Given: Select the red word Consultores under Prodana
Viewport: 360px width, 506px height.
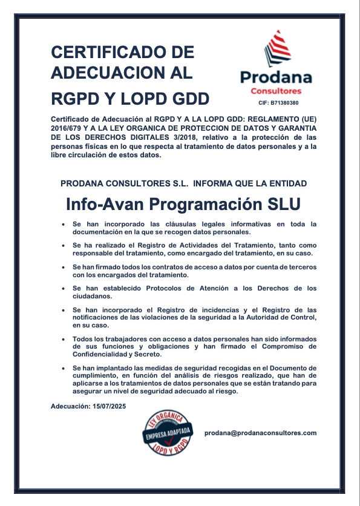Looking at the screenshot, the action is coord(275,91).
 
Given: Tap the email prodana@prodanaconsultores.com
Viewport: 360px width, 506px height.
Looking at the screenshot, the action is coord(261,433).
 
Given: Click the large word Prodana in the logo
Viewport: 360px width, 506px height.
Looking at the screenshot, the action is coord(276,77).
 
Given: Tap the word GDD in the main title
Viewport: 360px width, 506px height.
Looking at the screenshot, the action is coord(188,98).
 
